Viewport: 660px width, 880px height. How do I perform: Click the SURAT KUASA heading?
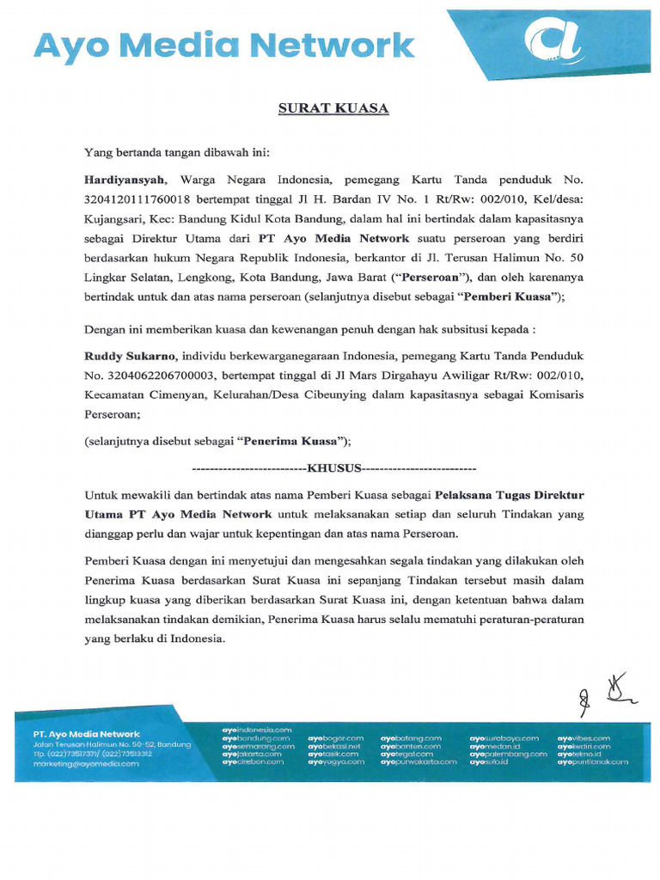pyautogui.click(x=333, y=108)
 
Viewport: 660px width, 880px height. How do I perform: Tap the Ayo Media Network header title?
pyautogui.click(x=224, y=46)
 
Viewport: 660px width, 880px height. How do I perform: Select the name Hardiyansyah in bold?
pyautogui.click(x=123, y=180)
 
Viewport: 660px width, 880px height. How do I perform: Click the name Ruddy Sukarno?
pyautogui.click(x=129, y=356)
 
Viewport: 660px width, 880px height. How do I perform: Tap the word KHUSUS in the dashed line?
pyautogui.click(x=334, y=469)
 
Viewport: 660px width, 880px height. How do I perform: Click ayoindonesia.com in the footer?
pyautogui.click(x=257, y=729)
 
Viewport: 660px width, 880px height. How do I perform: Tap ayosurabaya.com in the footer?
pyautogui.click(x=504, y=738)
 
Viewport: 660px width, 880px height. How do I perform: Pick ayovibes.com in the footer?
pyautogui.click(x=584, y=738)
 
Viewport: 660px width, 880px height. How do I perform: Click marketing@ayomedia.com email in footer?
pyautogui.click(x=86, y=763)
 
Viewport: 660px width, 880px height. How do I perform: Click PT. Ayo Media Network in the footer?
pyautogui.click(x=86, y=734)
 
